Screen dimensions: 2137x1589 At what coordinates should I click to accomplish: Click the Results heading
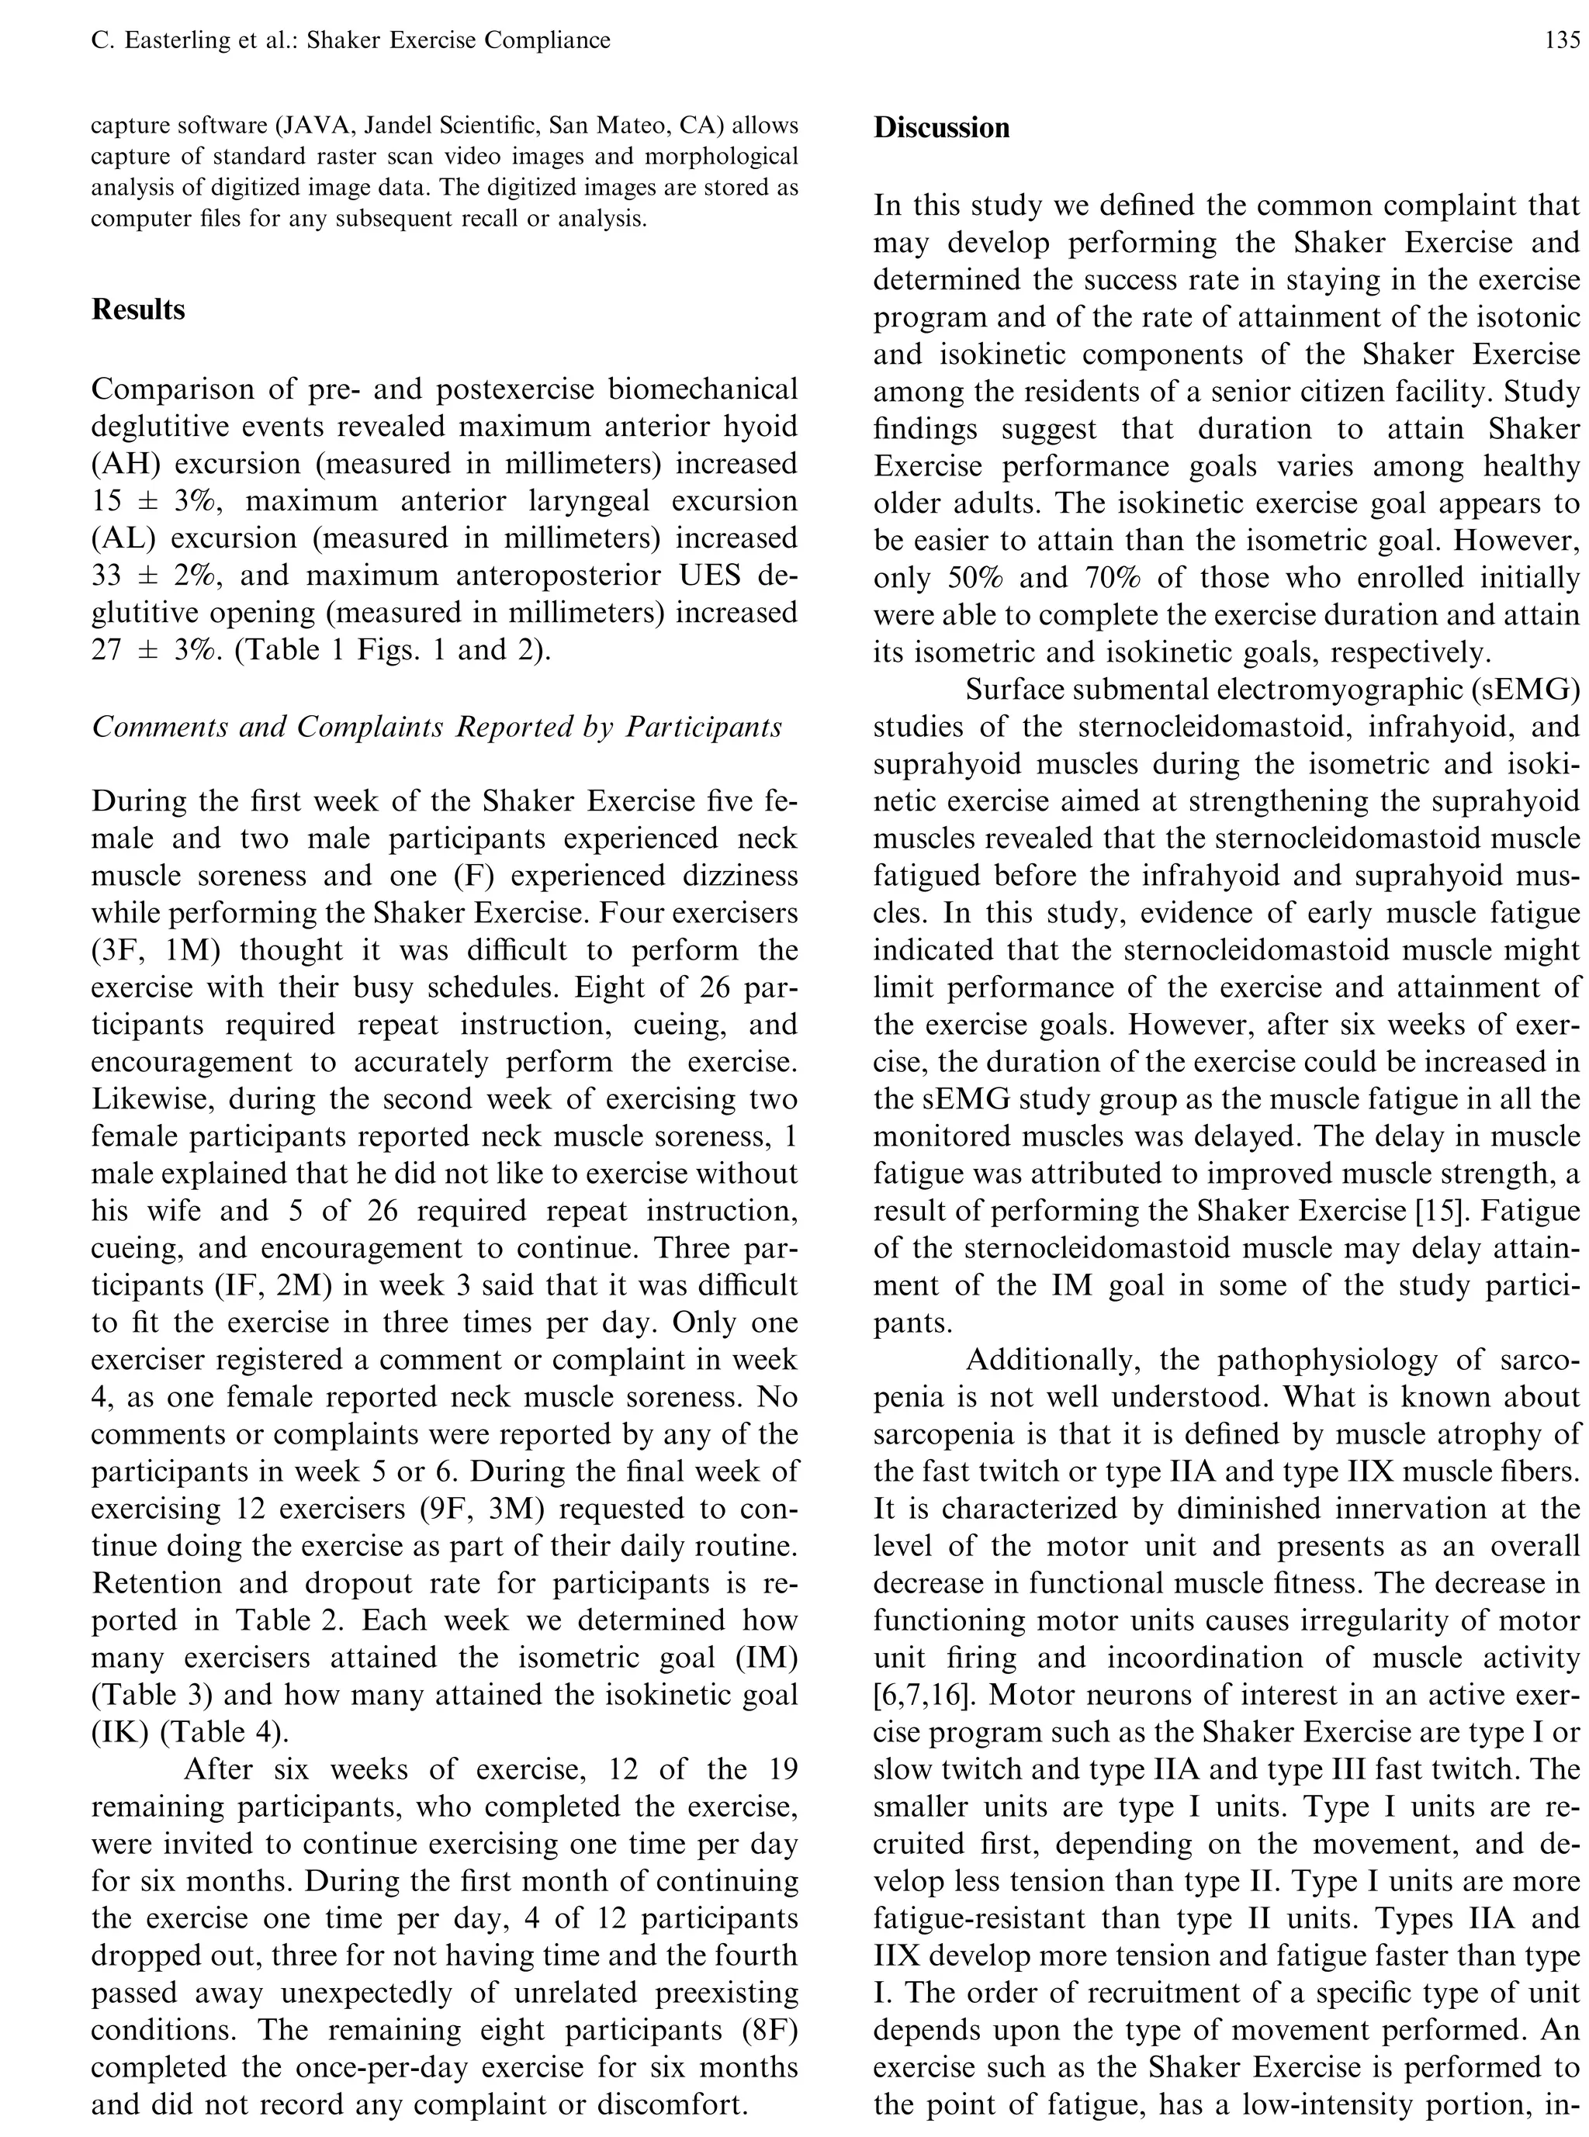pyautogui.click(x=139, y=309)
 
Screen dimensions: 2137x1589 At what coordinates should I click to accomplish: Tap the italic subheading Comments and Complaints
pyautogui.click(x=436, y=727)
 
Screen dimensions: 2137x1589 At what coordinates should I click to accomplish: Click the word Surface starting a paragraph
pyautogui.click(x=1022, y=690)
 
